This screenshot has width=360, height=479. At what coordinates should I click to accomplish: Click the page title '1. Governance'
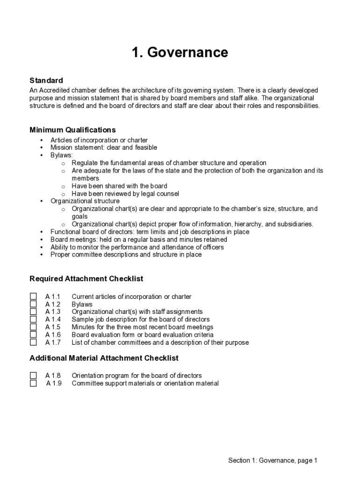pyautogui.click(x=180, y=52)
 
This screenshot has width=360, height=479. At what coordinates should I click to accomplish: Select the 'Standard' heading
pyautogui.click(x=46, y=80)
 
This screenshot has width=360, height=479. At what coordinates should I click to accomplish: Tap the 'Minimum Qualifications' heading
pyautogui.click(x=72, y=130)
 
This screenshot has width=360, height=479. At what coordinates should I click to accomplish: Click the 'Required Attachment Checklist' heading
pyautogui.click(x=86, y=279)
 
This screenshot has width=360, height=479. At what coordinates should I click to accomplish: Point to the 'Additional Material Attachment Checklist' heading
pyautogui.click(x=104, y=358)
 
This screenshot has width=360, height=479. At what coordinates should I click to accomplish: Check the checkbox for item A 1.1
pyautogui.click(x=33, y=297)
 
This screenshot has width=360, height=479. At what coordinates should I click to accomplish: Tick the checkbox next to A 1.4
pyautogui.click(x=33, y=319)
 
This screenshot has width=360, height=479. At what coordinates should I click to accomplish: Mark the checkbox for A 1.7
pyautogui.click(x=33, y=342)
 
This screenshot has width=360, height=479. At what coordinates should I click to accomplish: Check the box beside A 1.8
pyautogui.click(x=33, y=376)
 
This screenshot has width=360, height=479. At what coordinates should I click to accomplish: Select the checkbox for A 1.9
pyautogui.click(x=33, y=384)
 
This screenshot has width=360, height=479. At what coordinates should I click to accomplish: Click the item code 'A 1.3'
pyautogui.click(x=53, y=312)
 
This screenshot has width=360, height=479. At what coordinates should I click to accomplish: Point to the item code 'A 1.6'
pyautogui.click(x=53, y=335)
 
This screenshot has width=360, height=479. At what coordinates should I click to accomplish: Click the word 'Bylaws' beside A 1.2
pyautogui.click(x=82, y=305)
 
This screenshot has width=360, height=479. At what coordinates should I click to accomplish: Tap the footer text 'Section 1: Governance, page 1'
pyautogui.click(x=273, y=460)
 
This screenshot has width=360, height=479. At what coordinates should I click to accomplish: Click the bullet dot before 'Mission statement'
pyautogui.click(x=42, y=148)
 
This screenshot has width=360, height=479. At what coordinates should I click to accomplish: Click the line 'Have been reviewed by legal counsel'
pyautogui.click(x=125, y=194)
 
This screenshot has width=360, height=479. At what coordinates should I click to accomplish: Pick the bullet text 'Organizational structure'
pyautogui.click(x=85, y=201)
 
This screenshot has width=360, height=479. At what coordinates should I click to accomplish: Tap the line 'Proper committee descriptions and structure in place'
pyautogui.click(x=126, y=255)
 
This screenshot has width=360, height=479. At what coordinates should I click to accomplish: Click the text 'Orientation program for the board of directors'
pyautogui.click(x=137, y=376)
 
